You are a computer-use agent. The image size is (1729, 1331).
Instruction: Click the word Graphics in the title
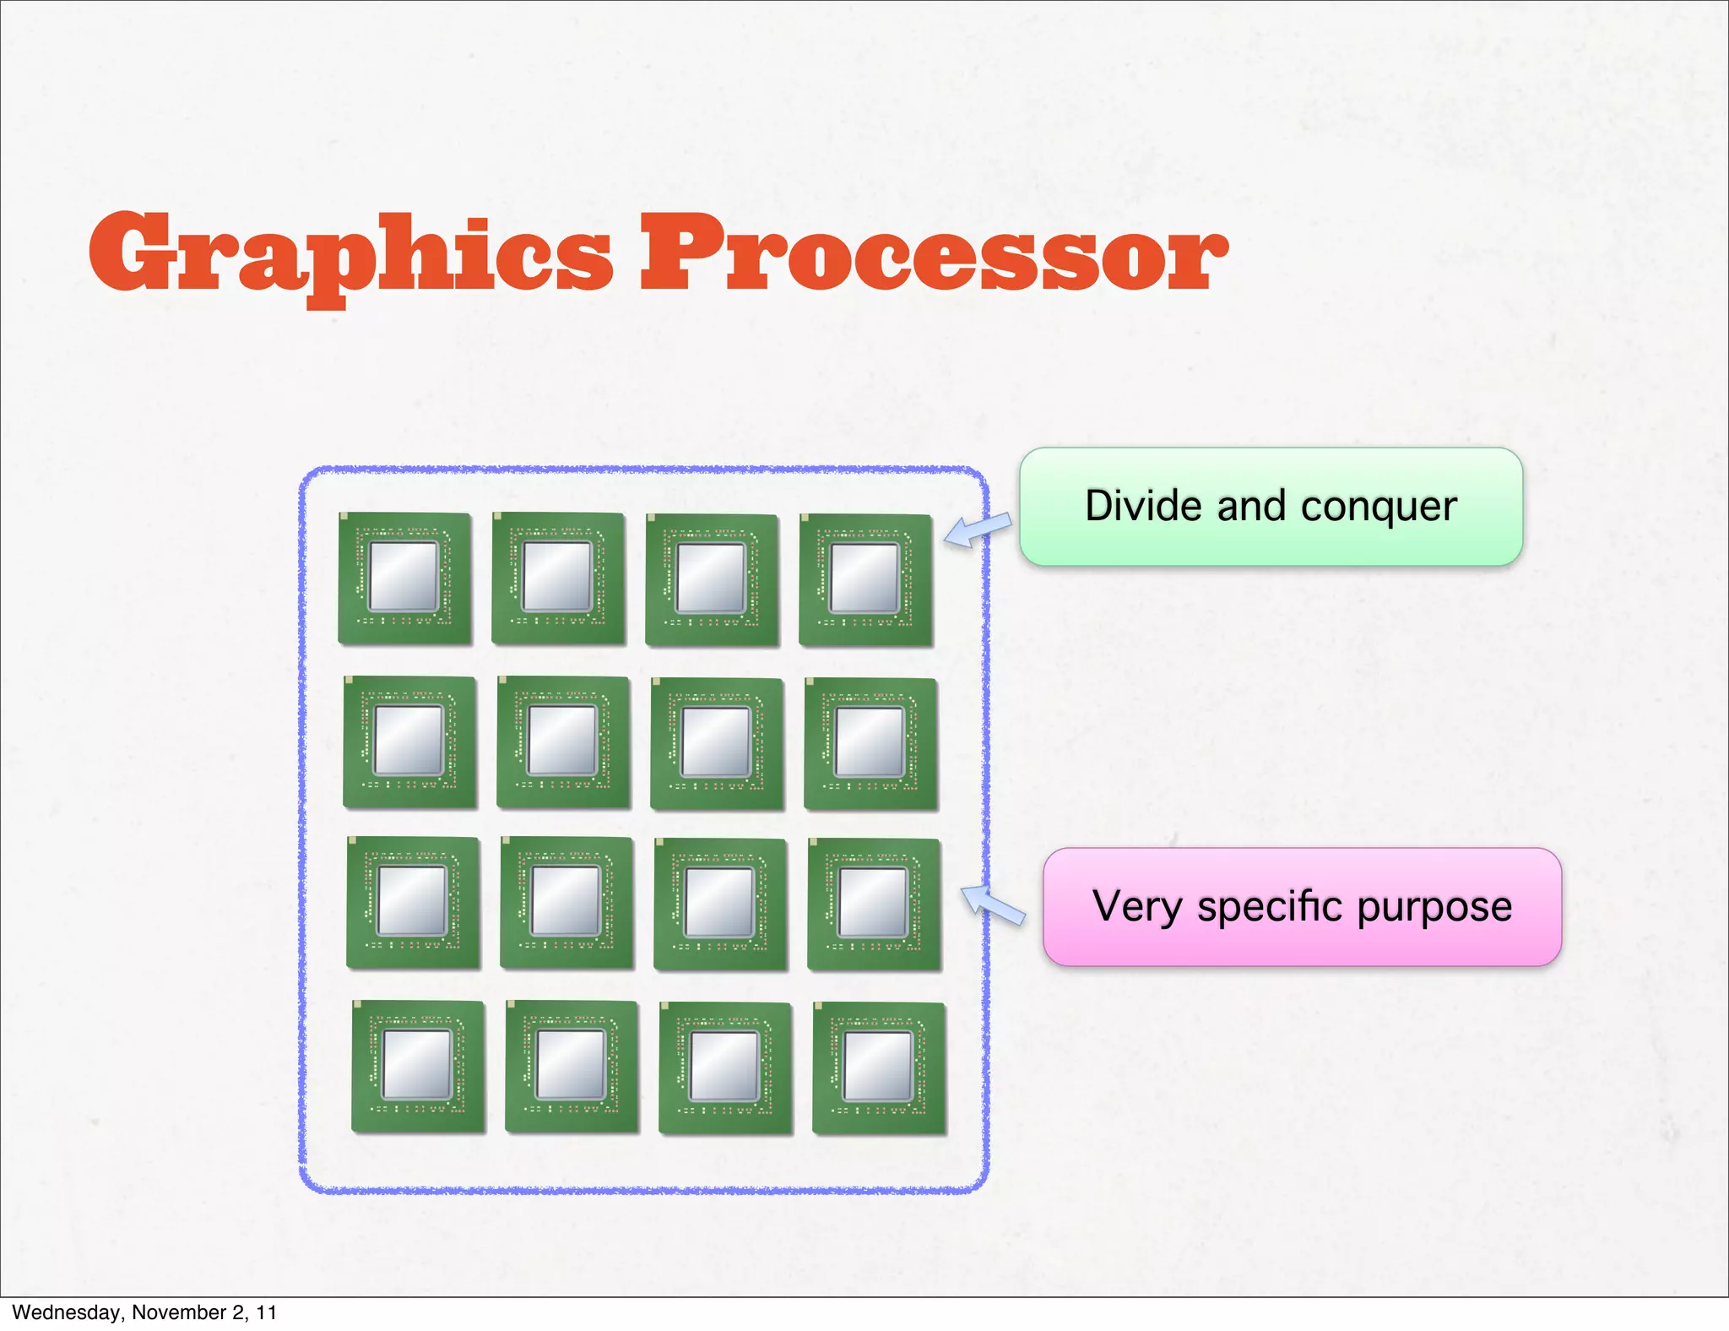[350, 253]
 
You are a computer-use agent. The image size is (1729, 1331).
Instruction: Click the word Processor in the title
[933, 253]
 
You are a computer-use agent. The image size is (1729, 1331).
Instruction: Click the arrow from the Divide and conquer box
[977, 530]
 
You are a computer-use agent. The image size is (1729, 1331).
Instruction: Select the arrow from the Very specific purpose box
[993, 905]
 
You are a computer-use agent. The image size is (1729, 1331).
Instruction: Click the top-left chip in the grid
[404, 579]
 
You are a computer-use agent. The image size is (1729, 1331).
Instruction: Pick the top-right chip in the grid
[865, 580]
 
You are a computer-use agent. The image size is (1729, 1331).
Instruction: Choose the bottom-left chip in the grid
[418, 1067]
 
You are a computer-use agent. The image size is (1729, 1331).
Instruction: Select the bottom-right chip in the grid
[879, 1068]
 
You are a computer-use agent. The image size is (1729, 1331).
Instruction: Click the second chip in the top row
[558, 579]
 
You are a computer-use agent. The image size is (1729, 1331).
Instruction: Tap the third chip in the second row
[717, 744]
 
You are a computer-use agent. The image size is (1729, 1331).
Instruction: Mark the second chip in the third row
[566, 903]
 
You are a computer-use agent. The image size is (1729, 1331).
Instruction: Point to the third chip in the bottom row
[725, 1068]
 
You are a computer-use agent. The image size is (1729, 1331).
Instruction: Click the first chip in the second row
[409, 742]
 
